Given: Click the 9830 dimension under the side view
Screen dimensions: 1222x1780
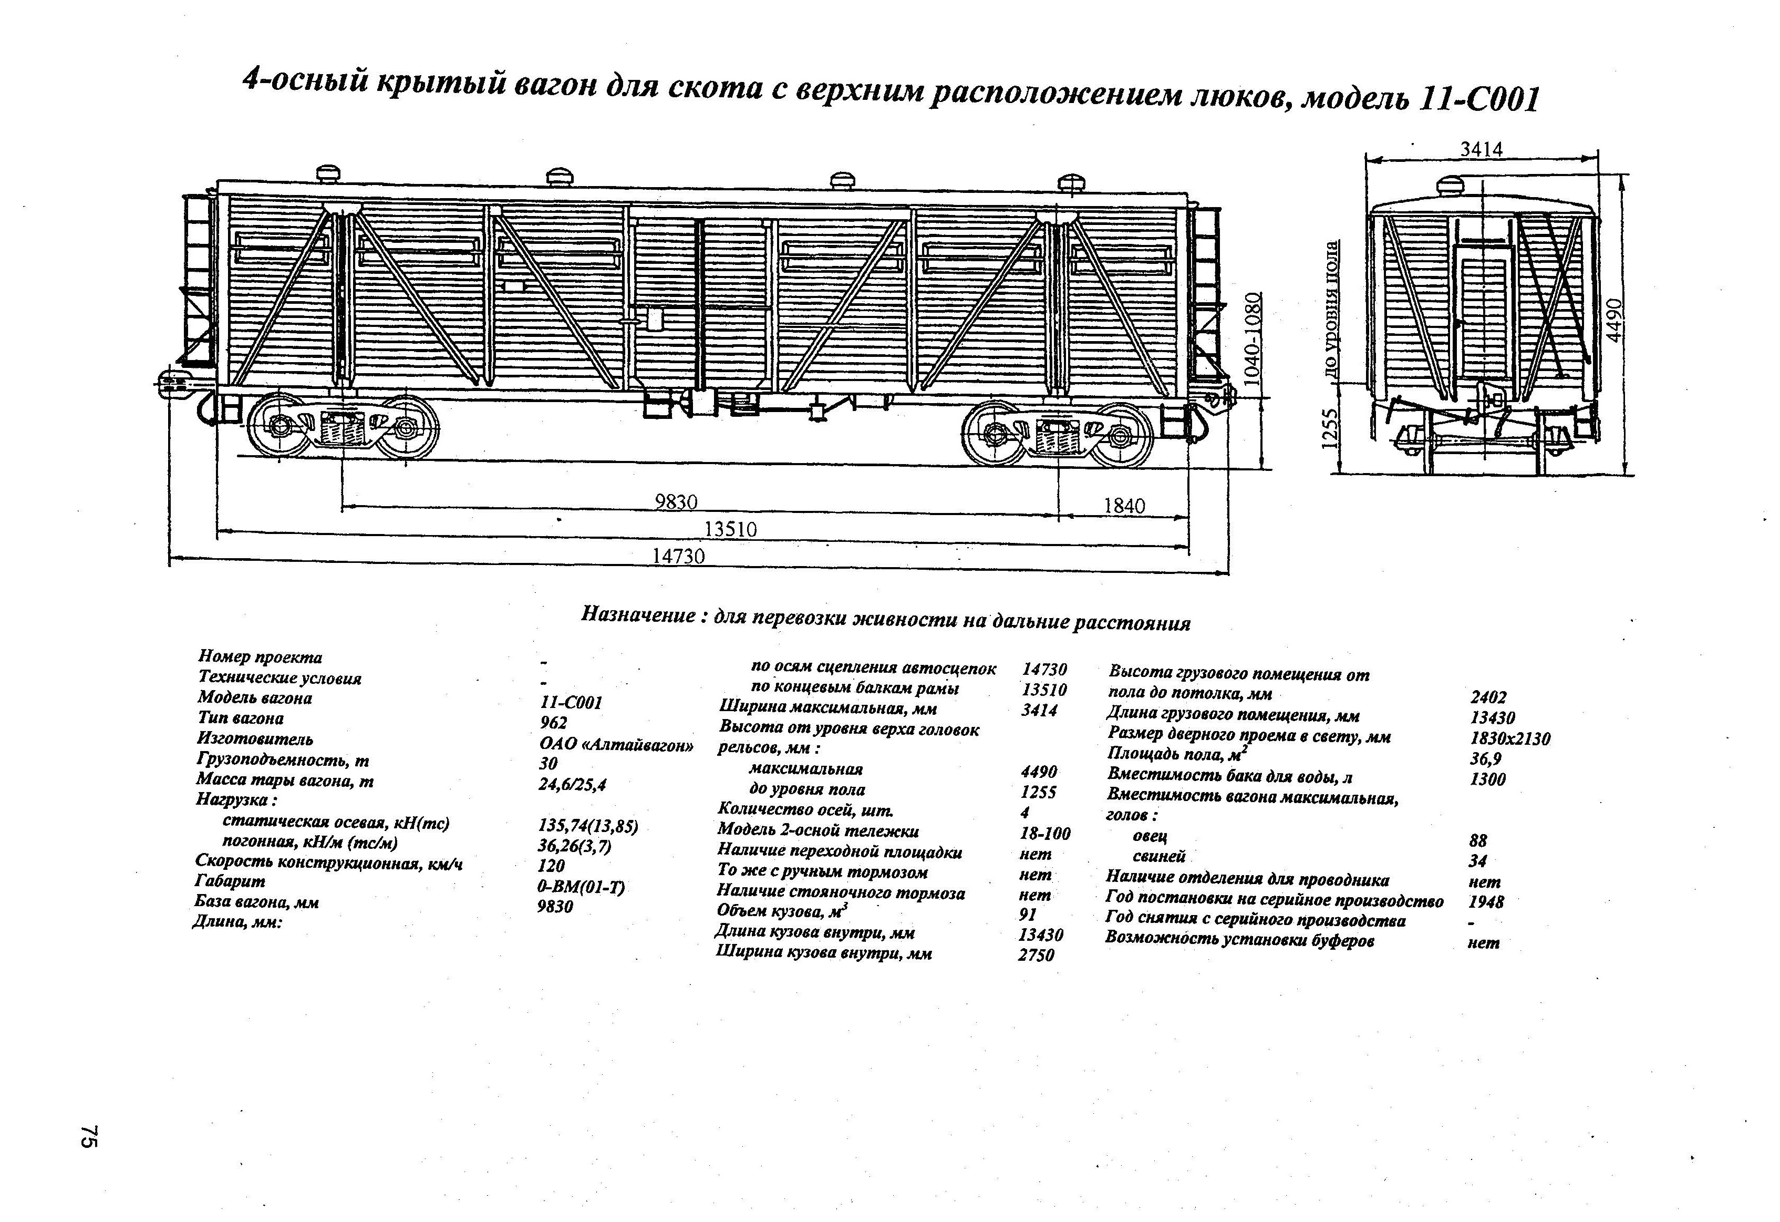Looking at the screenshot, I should (676, 502).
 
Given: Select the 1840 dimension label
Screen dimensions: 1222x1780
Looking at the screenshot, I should (1124, 506).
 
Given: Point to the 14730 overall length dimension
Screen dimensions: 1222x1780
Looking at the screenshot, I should (678, 556).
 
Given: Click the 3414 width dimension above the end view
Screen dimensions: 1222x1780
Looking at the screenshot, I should (1481, 149).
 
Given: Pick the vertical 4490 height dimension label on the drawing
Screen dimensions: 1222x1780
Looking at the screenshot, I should (1615, 320).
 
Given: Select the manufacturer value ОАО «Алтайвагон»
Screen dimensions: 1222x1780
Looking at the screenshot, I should (616, 744).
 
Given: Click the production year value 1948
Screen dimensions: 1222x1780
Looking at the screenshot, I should (1485, 902).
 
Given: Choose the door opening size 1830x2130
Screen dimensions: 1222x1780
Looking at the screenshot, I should (1509, 738).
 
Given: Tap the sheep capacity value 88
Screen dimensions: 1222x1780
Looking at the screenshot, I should (1478, 840).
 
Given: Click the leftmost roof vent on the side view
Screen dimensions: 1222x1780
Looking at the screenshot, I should (330, 172).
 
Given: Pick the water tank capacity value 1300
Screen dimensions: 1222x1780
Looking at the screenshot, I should (1487, 779).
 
